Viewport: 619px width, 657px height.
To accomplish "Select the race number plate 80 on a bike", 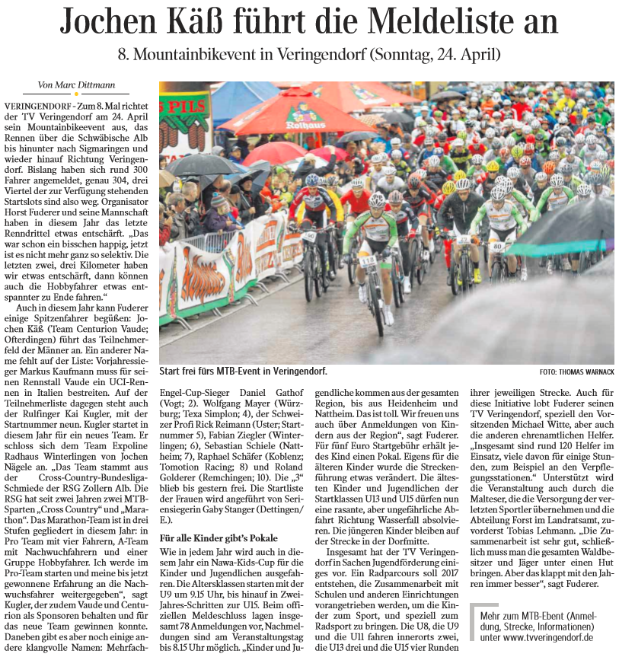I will pos(497,246).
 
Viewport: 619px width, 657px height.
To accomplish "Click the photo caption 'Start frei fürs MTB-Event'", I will pos(243,371).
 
